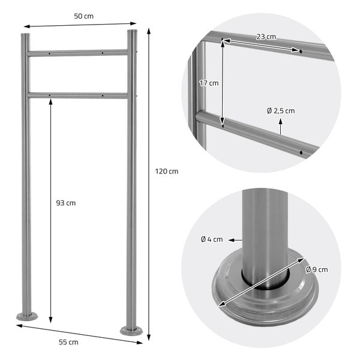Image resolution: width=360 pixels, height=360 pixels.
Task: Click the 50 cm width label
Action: click(83, 16)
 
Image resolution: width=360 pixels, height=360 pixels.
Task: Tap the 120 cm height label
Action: click(167, 172)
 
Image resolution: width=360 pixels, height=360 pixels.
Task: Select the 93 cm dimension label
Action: click(66, 203)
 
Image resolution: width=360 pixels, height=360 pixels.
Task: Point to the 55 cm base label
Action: click(68, 343)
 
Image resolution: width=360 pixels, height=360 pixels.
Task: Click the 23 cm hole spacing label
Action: click(266, 37)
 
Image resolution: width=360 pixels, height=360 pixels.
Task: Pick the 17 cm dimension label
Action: click(209, 83)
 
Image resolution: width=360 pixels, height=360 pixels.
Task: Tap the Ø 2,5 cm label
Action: click(281, 111)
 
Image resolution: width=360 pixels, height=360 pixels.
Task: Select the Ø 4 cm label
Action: click(212, 239)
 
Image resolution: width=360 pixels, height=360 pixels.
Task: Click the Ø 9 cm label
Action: click(317, 269)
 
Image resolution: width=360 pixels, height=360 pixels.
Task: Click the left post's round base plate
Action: click(27, 316)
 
